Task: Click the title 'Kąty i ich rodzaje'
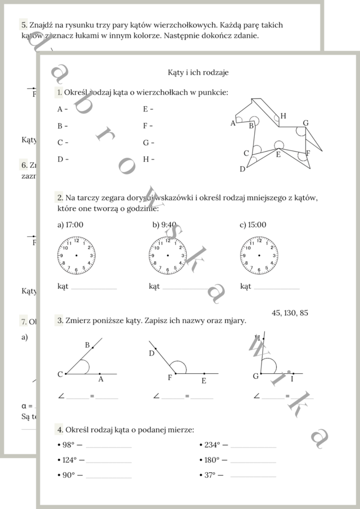[198, 72]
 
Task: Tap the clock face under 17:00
[76, 256]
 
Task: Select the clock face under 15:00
[259, 256]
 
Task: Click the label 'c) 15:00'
[252, 225]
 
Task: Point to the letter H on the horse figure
[283, 116]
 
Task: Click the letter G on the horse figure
[306, 123]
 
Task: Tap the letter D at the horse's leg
[242, 169]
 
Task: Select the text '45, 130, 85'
[290, 313]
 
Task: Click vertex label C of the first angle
[60, 374]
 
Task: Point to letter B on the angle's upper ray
[87, 345]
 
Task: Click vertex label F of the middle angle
[169, 378]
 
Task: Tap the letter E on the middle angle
[204, 381]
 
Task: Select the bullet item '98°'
[68, 445]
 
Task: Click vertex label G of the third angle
[255, 376]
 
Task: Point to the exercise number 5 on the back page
[23, 25]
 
